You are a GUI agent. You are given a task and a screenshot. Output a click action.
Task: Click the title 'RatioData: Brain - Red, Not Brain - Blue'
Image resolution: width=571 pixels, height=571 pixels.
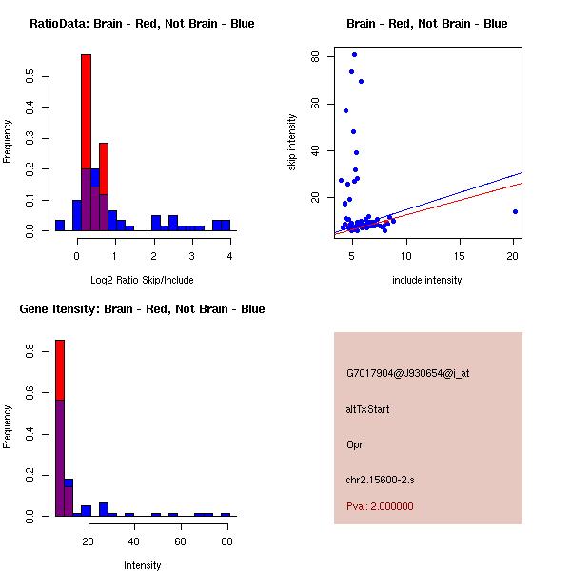tap(142, 24)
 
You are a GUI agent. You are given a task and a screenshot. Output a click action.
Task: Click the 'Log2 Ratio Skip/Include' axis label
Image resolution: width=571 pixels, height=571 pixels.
tap(142, 280)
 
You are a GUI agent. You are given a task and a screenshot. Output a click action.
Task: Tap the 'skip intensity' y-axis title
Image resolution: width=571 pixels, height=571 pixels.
tap(293, 143)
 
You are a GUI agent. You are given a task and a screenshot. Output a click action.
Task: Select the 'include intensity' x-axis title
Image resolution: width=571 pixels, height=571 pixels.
tap(427, 280)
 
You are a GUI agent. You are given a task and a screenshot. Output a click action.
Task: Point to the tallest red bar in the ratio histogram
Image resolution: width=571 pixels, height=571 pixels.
tap(86, 114)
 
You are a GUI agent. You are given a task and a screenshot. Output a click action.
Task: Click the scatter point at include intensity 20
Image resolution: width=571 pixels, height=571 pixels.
tap(515, 211)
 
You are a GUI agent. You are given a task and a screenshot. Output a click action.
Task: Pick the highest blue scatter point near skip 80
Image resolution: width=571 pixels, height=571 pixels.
tap(354, 54)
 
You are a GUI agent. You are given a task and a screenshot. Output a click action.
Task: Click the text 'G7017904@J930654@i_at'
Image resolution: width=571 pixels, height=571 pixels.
tap(408, 373)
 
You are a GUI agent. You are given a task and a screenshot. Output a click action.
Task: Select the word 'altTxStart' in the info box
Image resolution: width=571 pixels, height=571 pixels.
tap(368, 409)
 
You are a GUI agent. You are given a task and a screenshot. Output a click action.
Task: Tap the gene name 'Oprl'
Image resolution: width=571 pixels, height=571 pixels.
tap(356, 444)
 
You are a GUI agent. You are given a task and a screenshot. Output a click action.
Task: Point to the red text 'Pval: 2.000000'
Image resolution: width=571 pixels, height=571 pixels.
tap(380, 506)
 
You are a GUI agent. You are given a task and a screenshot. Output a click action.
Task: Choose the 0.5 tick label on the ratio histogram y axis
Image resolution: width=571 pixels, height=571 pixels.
tap(31, 76)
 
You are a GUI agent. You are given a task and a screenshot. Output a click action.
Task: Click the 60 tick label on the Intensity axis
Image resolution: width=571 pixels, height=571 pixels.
tap(180, 542)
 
